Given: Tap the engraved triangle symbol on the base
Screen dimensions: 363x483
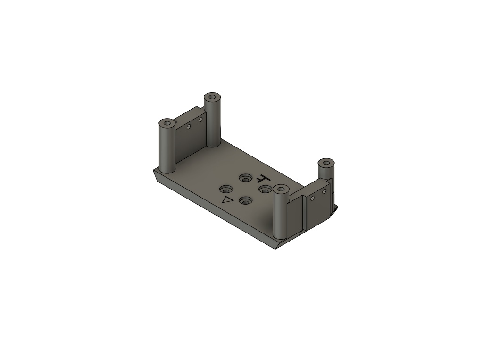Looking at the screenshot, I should (228, 200).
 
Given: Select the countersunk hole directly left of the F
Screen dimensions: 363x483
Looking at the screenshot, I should (245, 178).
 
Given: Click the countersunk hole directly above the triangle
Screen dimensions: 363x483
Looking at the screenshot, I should (226, 189).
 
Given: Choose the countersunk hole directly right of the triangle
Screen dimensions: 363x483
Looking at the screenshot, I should (245, 201).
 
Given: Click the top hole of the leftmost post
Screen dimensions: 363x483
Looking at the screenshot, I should (167, 124).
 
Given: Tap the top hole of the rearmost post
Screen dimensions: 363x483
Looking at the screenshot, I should (212, 98).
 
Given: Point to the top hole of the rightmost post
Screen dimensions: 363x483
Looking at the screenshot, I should (325, 164).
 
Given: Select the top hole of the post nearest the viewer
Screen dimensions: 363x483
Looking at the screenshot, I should (281, 190).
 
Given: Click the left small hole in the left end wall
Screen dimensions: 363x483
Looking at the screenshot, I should (188, 127).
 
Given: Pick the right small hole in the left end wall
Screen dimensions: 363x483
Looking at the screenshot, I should (200, 121).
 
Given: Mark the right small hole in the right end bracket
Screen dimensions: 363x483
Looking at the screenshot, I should (324, 192).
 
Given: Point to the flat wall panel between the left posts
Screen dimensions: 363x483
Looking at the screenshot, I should (189, 139).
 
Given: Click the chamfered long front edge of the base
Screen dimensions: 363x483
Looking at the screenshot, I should (212, 208).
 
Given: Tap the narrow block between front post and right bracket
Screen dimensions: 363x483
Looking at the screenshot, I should (296, 215).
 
